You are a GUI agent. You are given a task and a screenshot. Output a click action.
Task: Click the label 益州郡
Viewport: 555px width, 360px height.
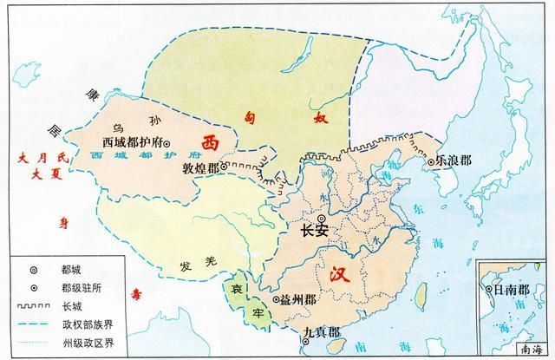point(297,299)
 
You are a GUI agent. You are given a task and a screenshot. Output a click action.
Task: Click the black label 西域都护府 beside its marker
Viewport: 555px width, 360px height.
point(133,141)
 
